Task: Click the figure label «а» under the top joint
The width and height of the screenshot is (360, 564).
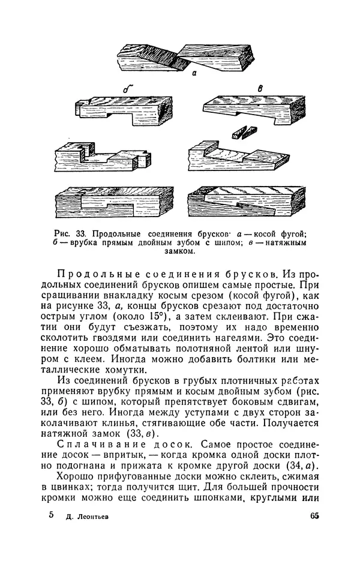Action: (194, 75)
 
